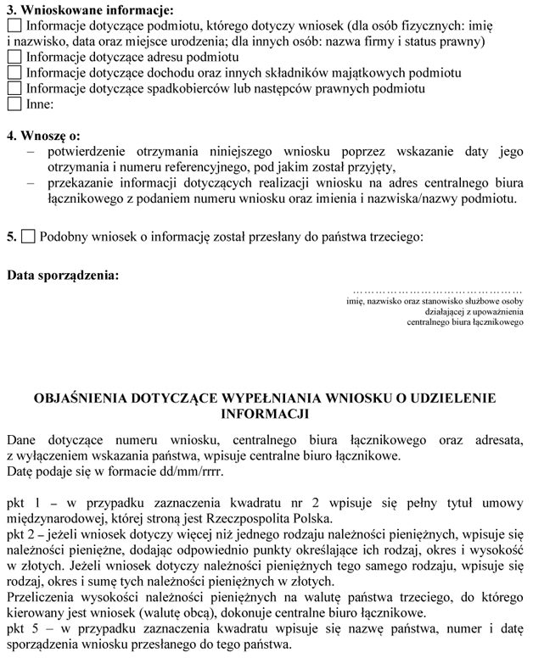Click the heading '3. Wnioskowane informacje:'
click(x=89, y=11)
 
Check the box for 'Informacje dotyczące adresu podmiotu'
click(x=14, y=58)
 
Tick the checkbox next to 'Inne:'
click(x=14, y=104)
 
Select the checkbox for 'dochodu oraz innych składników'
click(x=14, y=73)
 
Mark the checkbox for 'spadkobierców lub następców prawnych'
click(x=14, y=88)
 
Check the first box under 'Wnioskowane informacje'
click(x=14, y=26)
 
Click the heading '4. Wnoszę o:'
click(x=44, y=136)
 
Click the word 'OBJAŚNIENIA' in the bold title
click(x=77, y=398)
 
